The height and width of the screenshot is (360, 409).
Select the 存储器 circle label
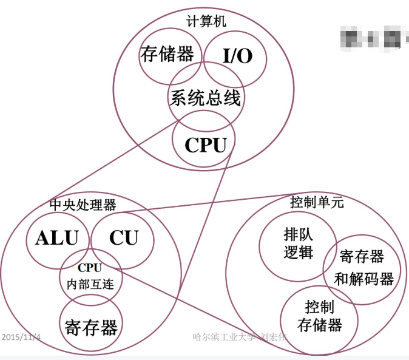click(167, 55)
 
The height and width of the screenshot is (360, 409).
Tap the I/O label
click(237, 56)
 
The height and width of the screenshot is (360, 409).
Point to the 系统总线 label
click(205, 97)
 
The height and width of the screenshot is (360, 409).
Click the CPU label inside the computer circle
click(206, 145)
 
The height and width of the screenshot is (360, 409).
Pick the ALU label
click(57, 238)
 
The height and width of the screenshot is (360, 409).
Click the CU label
click(124, 238)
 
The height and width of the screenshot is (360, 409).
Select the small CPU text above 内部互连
click(89, 267)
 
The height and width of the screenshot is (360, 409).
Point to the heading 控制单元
click(317, 203)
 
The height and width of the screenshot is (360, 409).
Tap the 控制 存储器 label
click(320, 316)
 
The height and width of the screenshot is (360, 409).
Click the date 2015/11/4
click(21, 336)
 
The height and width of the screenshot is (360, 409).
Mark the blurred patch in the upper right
click(371, 36)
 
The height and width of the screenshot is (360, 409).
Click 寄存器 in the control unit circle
click(362, 257)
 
